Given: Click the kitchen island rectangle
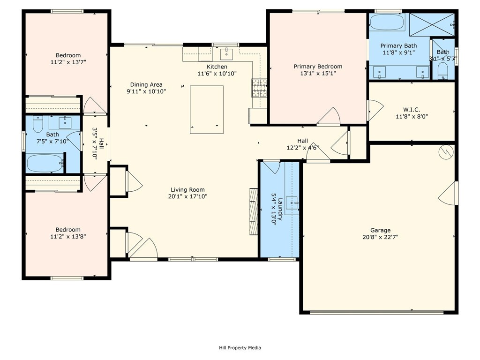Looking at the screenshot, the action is (207, 110).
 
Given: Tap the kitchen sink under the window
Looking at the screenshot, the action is (226, 54).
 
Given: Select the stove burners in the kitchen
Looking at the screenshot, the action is (259, 88).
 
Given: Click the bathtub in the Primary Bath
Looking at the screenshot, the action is (387, 22).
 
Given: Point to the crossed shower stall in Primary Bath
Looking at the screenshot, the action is (432, 24).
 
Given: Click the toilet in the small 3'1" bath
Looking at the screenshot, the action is (442, 71).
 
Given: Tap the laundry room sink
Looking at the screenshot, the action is (292, 203).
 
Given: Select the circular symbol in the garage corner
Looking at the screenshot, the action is (446, 152).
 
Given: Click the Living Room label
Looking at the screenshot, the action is (187, 190).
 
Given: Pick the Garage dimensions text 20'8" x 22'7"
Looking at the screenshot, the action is (380, 237).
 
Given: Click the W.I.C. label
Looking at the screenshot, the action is (412, 110).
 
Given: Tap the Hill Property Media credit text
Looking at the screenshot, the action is (240, 347).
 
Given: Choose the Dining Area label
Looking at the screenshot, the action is (146, 84).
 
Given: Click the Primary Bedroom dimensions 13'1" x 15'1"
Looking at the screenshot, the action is (318, 73).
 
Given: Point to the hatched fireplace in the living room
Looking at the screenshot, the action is (254, 211).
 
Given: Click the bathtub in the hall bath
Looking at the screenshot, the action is (45, 163).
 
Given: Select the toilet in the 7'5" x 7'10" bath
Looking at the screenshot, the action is (38, 124).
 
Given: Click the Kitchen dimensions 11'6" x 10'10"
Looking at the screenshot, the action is (217, 74).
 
